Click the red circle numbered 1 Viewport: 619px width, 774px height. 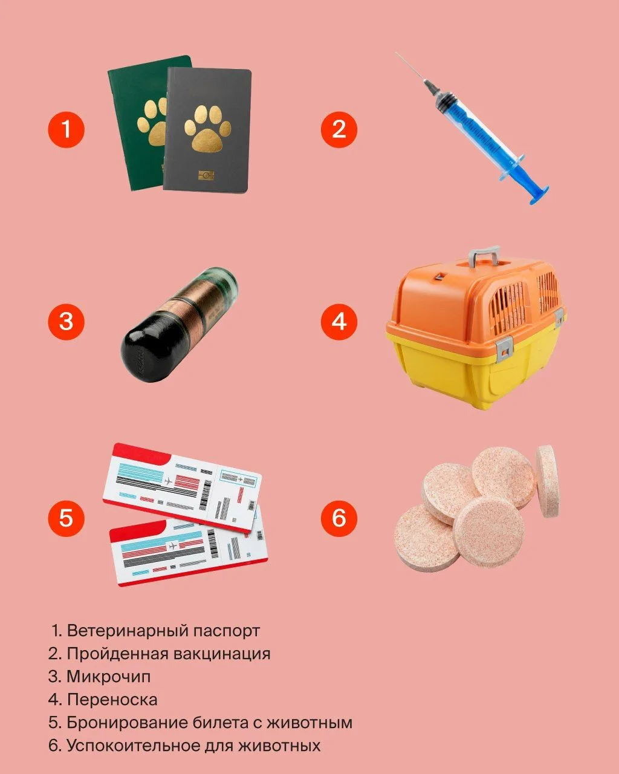pos(66,129)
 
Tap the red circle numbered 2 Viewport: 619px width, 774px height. pos(339,129)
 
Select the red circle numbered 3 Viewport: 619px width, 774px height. pos(66,322)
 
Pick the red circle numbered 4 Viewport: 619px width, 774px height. pos(339,322)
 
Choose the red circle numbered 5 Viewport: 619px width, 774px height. pos(66,518)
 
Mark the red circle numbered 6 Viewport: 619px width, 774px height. pos(339,518)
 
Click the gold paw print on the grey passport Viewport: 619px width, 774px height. pos(207,129)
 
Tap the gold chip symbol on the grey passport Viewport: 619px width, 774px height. pos(206,175)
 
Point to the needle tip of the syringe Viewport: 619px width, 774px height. pos(397,53)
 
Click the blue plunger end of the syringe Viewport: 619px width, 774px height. pos(539,194)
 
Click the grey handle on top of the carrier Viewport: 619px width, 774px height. pos(484,255)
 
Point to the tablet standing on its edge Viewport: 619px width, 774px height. pos(548,481)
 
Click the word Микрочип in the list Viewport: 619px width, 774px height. pos(109,677)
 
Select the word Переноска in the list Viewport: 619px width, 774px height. pos(112,700)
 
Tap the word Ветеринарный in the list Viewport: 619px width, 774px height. pos(128,631)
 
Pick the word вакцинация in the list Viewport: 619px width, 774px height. pos(222,654)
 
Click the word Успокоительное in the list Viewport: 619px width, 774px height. pos(134,746)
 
